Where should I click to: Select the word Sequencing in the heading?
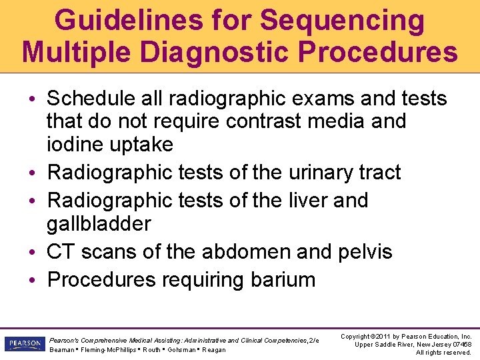[x=342, y=21]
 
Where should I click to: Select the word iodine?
[x=69, y=144]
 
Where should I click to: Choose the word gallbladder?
[x=99, y=223]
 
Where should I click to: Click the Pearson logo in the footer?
[x=24, y=343]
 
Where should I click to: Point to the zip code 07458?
[x=460, y=343]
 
